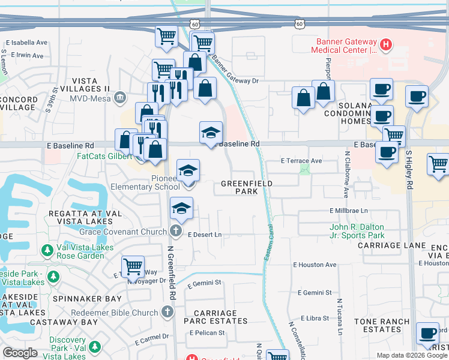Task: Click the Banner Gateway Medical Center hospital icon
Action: (386, 43)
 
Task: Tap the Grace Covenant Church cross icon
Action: (176, 231)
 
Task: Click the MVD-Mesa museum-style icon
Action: (120, 97)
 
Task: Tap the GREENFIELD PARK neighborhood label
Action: (247, 187)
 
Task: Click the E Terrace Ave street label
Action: (301, 161)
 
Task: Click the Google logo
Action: (20, 353)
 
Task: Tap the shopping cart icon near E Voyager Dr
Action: (133, 266)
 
